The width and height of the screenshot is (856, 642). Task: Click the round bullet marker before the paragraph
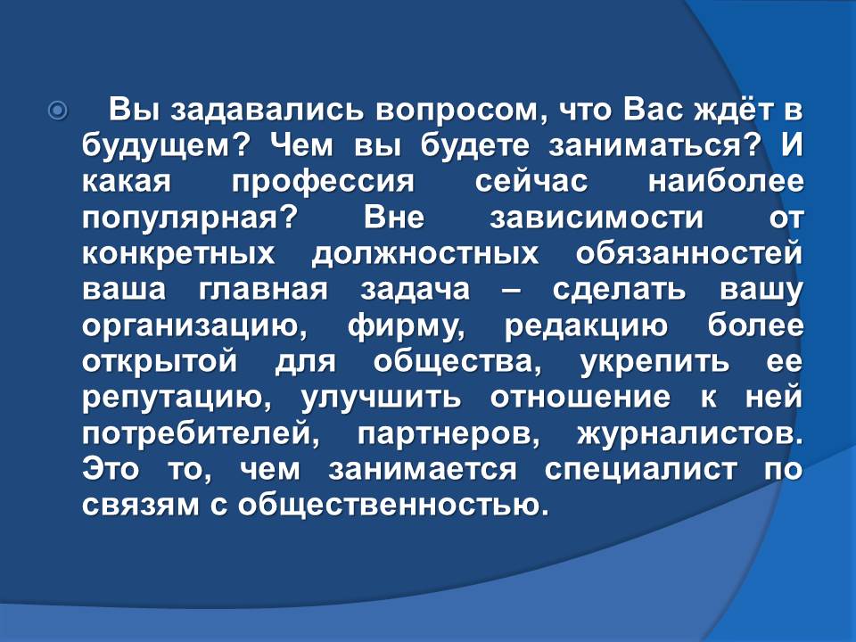pos(58,111)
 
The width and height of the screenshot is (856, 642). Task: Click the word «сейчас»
pos(531,182)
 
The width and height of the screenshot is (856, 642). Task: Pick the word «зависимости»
pos(597,218)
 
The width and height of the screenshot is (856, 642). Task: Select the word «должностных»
pos(425,254)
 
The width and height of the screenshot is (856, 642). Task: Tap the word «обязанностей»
pos(689,253)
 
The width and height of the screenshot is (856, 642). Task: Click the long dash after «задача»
pos(512,291)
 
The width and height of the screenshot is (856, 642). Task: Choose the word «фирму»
pos(407,326)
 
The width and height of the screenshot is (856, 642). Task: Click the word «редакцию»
pos(587,326)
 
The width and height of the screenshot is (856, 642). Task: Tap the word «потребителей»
pos(201,434)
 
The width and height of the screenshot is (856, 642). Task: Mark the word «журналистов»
pos(690,434)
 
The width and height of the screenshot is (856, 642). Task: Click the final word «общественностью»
pos(391,506)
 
